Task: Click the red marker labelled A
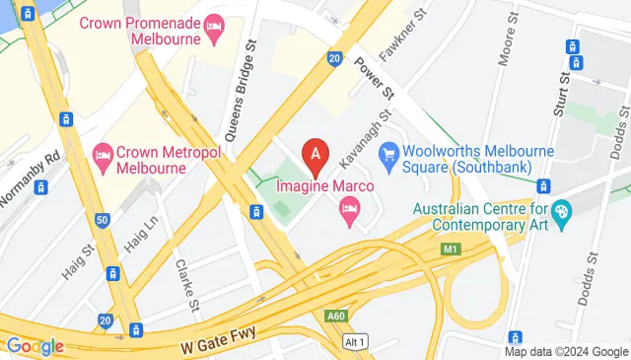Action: [x=315, y=154]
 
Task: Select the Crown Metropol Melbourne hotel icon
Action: [x=102, y=154]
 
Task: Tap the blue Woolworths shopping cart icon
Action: [x=389, y=153]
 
